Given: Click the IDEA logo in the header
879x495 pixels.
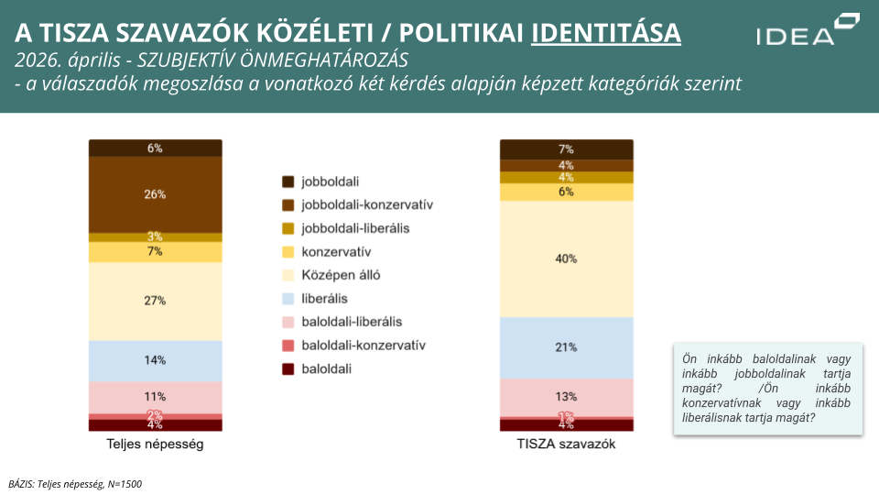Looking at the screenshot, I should click(807, 30).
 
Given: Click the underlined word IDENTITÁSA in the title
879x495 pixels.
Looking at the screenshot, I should click(605, 33).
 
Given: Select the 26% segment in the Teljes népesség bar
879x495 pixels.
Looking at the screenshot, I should click(155, 194).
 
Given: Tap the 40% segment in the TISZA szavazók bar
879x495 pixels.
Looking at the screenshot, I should click(566, 258).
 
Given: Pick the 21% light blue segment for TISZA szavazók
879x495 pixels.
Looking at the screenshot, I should click(566, 347).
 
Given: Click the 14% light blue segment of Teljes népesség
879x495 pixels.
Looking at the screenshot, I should click(155, 360).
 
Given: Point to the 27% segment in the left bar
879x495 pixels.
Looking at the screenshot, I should click(155, 301).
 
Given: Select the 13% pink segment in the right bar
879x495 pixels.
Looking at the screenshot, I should click(566, 397).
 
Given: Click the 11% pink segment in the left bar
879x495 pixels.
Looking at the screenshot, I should click(155, 397).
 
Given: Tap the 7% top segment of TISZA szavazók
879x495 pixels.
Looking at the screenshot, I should click(566, 149).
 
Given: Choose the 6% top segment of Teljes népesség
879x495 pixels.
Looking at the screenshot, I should click(155, 148).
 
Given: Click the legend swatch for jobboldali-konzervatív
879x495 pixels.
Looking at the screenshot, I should click(288, 204).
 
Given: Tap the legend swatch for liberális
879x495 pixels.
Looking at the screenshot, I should click(288, 298).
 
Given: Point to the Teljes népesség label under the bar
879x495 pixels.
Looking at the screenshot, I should click(155, 445).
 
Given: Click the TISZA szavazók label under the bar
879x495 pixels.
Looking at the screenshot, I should click(566, 445).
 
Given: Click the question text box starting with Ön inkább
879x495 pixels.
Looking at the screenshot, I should click(767, 389).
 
